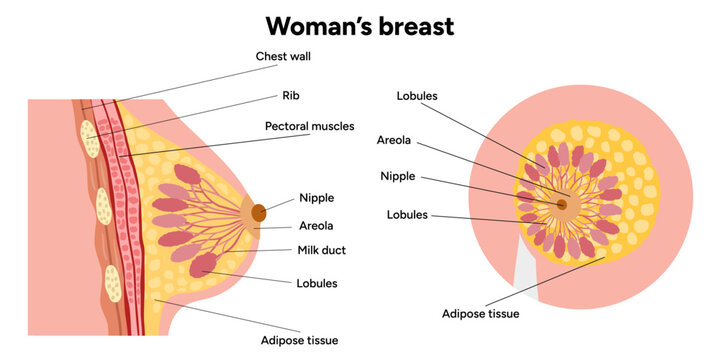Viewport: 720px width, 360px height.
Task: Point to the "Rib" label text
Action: click(292, 97)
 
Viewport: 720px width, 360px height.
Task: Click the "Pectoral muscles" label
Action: click(309, 127)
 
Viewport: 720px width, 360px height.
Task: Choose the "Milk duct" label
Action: click(321, 250)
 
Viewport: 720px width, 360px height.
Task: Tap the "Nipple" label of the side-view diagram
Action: click(316, 198)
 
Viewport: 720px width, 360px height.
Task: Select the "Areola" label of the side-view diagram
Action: click(316, 226)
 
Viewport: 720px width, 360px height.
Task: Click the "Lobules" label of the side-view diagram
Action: click(317, 283)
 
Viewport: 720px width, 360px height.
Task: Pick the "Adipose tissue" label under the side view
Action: click(300, 340)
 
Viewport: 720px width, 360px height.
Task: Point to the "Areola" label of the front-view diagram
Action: click(394, 140)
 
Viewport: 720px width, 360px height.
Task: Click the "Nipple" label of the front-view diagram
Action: click(397, 177)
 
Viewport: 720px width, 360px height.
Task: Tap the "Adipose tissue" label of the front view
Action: click(481, 313)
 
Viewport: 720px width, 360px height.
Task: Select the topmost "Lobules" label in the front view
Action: click(417, 96)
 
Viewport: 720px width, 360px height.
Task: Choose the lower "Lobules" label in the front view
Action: click(407, 214)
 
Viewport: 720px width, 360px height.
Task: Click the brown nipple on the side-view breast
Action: click(259, 212)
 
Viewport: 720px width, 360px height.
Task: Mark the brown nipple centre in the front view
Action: click(562, 204)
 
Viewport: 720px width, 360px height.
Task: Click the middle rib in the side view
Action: click(103, 208)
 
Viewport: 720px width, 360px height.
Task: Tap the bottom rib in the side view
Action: click(114, 288)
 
